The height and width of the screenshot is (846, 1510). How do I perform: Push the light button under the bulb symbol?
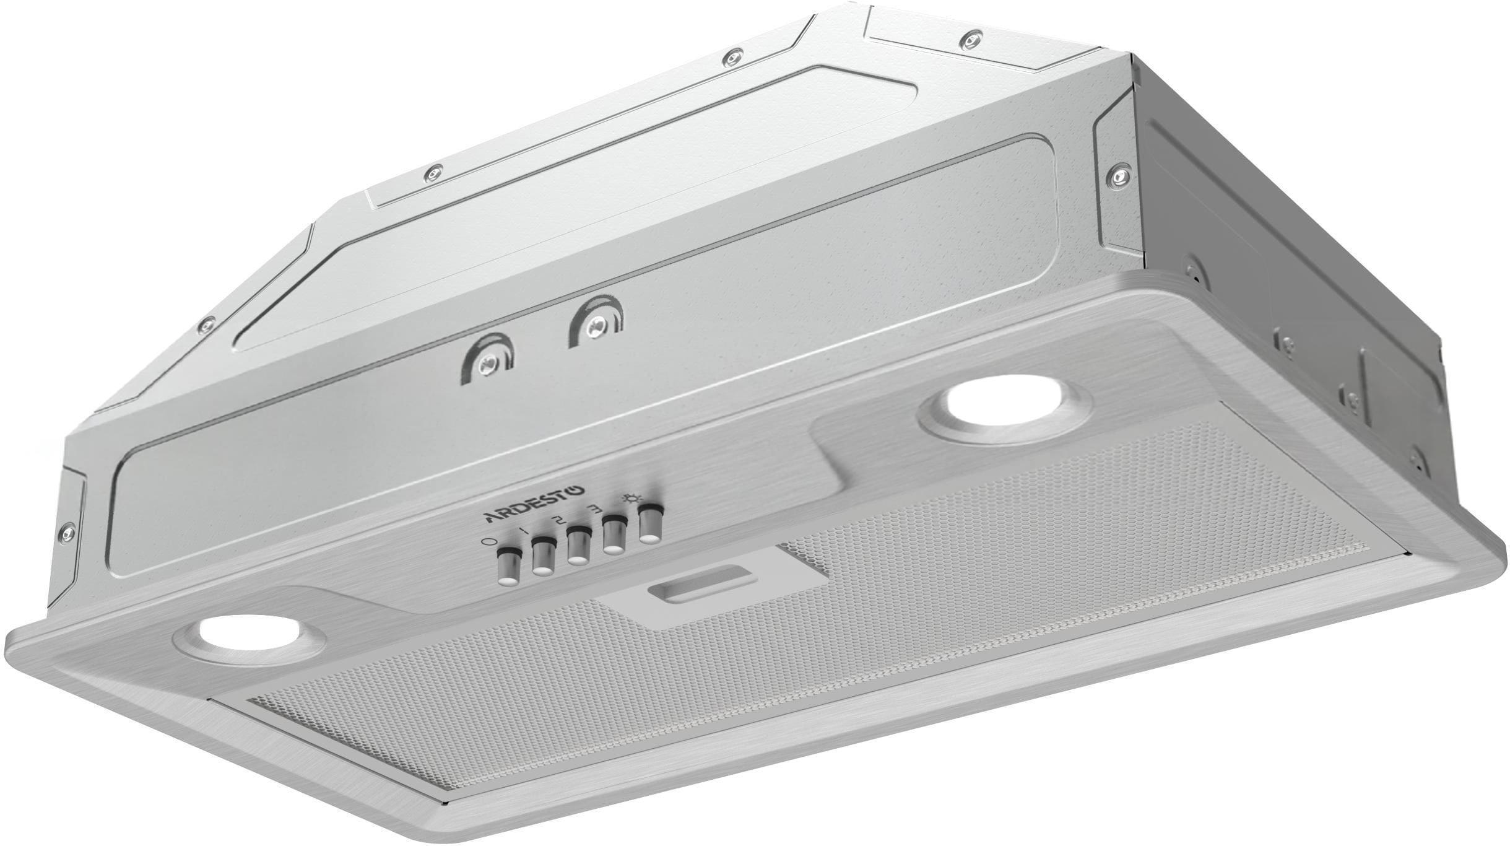[649, 523]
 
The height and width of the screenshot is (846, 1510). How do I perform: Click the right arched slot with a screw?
[596, 323]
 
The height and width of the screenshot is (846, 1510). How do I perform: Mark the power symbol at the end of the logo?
[576, 490]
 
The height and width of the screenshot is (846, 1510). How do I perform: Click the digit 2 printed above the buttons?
[560, 519]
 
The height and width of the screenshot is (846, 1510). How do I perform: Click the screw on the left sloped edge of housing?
[209, 323]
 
